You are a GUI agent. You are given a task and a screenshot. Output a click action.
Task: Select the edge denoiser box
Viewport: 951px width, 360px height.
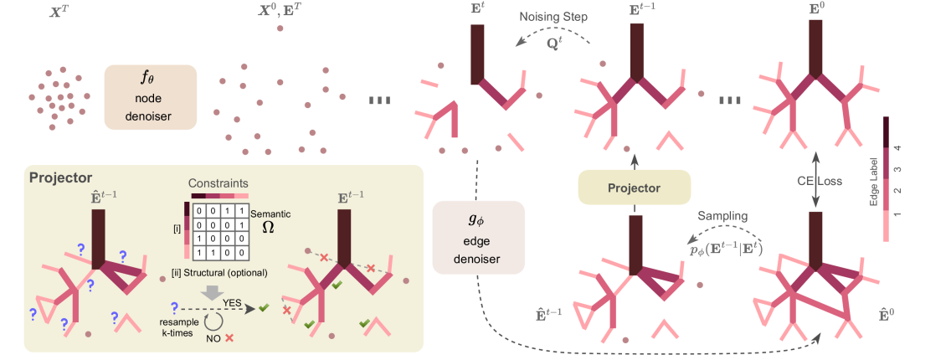[x=478, y=238]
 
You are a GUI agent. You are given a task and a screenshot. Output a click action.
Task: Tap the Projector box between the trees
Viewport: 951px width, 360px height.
[x=635, y=188]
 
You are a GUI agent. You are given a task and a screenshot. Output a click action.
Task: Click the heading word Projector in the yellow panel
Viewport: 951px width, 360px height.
[x=61, y=177]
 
